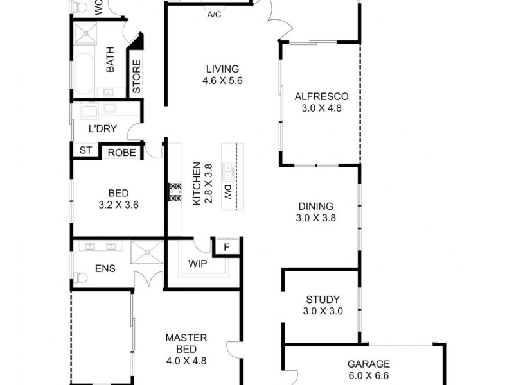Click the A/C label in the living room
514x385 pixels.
pyautogui.click(x=214, y=15)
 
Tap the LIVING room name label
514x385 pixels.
pyautogui.click(x=222, y=69)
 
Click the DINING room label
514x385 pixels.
pyautogui.click(x=315, y=207)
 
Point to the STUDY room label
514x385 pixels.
pyautogui.click(x=323, y=300)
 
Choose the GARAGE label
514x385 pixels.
pyautogui.click(x=369, y=363)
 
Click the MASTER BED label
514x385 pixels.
pyautogui.click(x=186, y=338)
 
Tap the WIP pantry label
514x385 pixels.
pyautogui.click(x=198, y=264)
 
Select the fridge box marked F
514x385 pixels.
pyautogui.click(x=226, y=246)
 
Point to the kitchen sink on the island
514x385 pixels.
pyautogui.click(x=228, y=172)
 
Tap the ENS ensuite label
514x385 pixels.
pyautogui.click(x=104, y=268)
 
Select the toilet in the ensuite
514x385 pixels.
pyautogui.click(x=80, y=278)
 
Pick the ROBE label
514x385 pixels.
pyautogui.click(x=121, y=152)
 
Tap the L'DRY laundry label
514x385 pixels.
pyautogui.click(x=103, y=128)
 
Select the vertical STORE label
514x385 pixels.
pyautogui.click(x=136, y=77)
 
